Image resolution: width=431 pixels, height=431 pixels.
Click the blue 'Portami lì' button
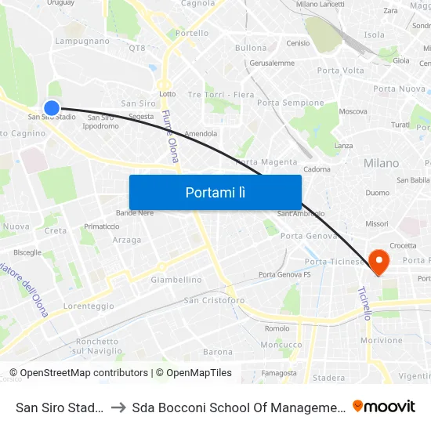pyautogui.click(x=215, y=192)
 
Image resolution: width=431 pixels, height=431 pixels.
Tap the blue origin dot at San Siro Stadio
pyautogui.click(x=52, y=108)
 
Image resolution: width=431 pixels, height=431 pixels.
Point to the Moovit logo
pyautogui.click(x=384, y=406)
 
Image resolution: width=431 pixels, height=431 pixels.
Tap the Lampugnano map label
pyautogui.click(x=82, y=41)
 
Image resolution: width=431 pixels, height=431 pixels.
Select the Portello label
pyautogui.click(x=193, y=34)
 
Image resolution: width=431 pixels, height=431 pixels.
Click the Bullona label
pyautogui.click(x=251, y=48)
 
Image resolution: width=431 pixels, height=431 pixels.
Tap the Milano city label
pyautogui.click(x=381, y=163)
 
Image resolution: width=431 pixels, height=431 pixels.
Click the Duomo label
pyautogui.click(x=378, y=193)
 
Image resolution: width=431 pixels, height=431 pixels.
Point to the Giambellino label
pyautogui.click(x=176, y=280)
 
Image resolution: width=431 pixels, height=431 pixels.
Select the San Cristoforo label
pyautogui.click(x=214, y=300)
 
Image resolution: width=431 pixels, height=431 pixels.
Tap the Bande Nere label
pyautogui.click(x=135, y=212)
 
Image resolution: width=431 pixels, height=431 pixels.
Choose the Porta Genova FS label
pyautogui.click(x=284, y=274)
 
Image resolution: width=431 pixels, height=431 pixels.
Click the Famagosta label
pyautogui.click(x=280, y=373)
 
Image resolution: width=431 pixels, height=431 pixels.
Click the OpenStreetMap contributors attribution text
pyautogui.click(x=78, y=373)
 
